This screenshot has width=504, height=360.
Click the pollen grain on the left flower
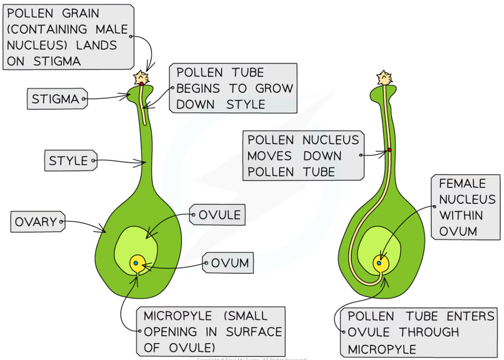141,77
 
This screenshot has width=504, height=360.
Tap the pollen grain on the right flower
384,77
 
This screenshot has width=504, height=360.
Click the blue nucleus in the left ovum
136,263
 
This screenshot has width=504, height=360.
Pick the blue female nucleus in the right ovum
379,263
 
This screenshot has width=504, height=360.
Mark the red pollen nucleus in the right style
389,149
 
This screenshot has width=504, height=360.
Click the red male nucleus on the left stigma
141,84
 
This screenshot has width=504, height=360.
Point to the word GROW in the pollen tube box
274,89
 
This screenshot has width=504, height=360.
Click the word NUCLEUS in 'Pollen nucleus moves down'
331,140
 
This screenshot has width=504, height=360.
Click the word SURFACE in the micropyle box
254,332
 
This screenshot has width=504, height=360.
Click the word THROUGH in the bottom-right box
429,332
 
